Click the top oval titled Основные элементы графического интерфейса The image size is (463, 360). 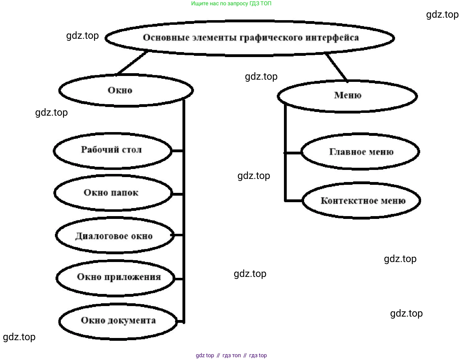[250, 38]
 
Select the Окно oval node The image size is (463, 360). [126, 90]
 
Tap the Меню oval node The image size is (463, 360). [347, 96]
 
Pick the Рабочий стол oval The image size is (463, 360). [112, 151]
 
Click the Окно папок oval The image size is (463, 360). [113, 193]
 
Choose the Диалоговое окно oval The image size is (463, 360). [115, 236]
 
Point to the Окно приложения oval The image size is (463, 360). [115, 277]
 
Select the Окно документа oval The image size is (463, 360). [118, 321]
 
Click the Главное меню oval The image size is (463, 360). [361, 152]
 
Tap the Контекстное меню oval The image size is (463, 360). [362, 201]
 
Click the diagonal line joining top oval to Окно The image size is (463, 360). [132, 63]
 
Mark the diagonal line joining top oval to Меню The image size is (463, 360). [336, 67]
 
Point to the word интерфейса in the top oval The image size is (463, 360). [332, 38]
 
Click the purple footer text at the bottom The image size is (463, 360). [231, 355]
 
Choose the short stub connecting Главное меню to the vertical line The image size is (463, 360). [293, 153]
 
